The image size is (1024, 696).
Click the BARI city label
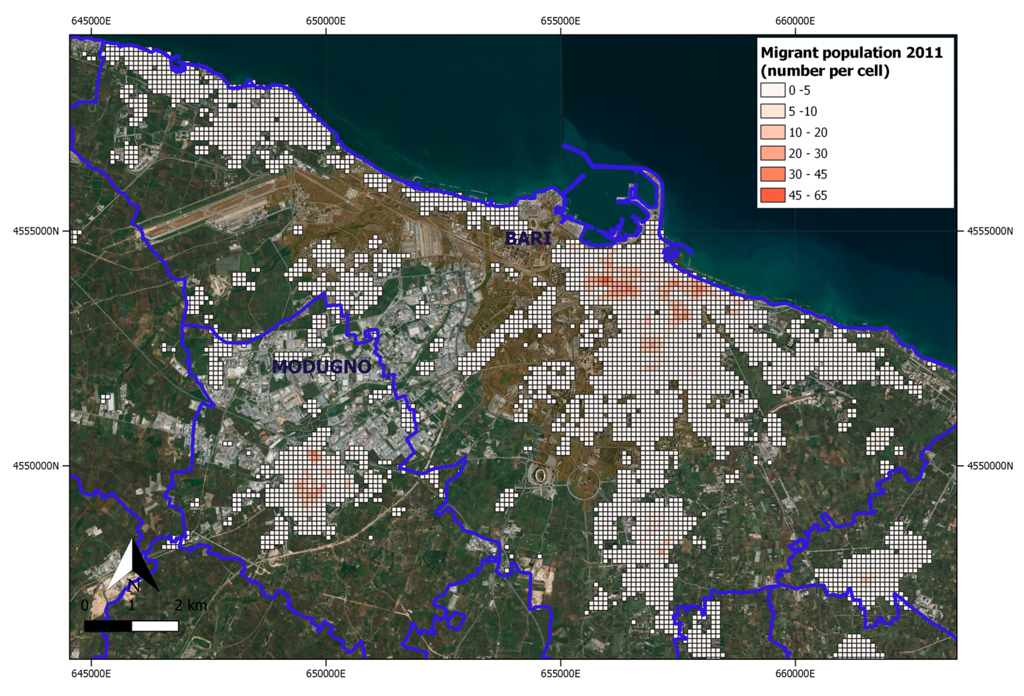pyautogui.click(x=528, y=238)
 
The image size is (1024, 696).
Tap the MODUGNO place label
pyautogui.click(x=321, y=367)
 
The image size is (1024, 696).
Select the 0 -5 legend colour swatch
pyautogui.click(x=772, y=90)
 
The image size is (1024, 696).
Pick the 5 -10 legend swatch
pyautogui.click(x=772, y=111)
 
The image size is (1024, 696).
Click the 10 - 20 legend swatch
pyautogui.click(x=772, y=132)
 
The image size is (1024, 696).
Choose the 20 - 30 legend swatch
pyautogui.click(x=772, y=153)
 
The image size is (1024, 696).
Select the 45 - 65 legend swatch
pyautogui.click(x=772, y=195)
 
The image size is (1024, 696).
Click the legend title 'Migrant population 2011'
pyautogui.click(x=851, y=53)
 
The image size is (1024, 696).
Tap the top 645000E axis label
pyautogui.click(x=91, y=21)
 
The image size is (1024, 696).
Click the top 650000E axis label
pyautogui.click(x=326, y=21)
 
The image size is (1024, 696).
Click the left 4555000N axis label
pyautogui.click(x=36, y=231)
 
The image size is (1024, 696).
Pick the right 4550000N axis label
pyautogui.click(x=990, y=466)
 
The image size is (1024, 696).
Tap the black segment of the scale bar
pyautogui.click(x=108, y=626)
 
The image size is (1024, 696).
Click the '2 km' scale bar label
pyautogui.click(x=190, y=605)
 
